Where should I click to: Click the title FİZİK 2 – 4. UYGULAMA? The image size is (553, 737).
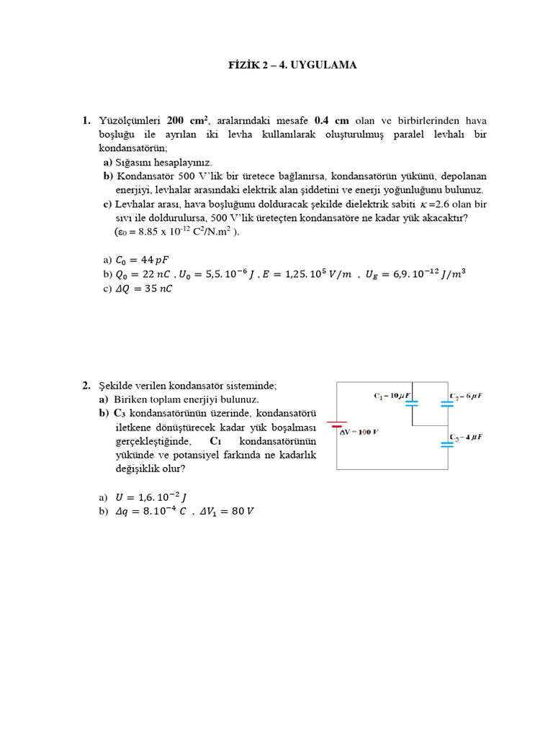[292, 65]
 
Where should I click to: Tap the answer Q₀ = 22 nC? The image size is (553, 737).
[143, 274]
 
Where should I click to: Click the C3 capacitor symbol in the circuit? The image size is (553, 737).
[447, 443]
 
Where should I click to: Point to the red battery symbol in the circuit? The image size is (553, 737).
[336, 425]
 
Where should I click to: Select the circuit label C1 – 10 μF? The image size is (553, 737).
[391, 396]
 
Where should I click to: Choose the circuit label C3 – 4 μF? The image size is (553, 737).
[467, 437]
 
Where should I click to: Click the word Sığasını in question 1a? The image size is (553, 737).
[135, 163]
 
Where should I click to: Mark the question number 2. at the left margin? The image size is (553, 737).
[86, 386]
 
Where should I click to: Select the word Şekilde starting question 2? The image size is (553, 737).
[117, 386]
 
